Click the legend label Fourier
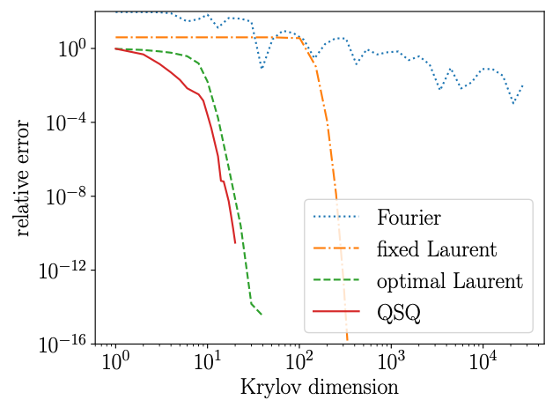pyautogui.click(x=409, y=217)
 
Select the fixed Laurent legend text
pyautogui.click(x=437, y=249)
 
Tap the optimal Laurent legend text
pyautogui.click(x=449, y=282)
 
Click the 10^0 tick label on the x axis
pyautogui.click(x=114, y=363)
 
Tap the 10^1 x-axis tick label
pyautogui.click(x=207, y=363)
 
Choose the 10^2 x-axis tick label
pyautogui.click(x=299, y=363)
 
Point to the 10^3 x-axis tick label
pyautogui.click(x=390, y=363)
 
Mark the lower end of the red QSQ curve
pyautogui.click(x=235, y=242)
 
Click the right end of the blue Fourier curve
pyautogui.click(x=522, y=85)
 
